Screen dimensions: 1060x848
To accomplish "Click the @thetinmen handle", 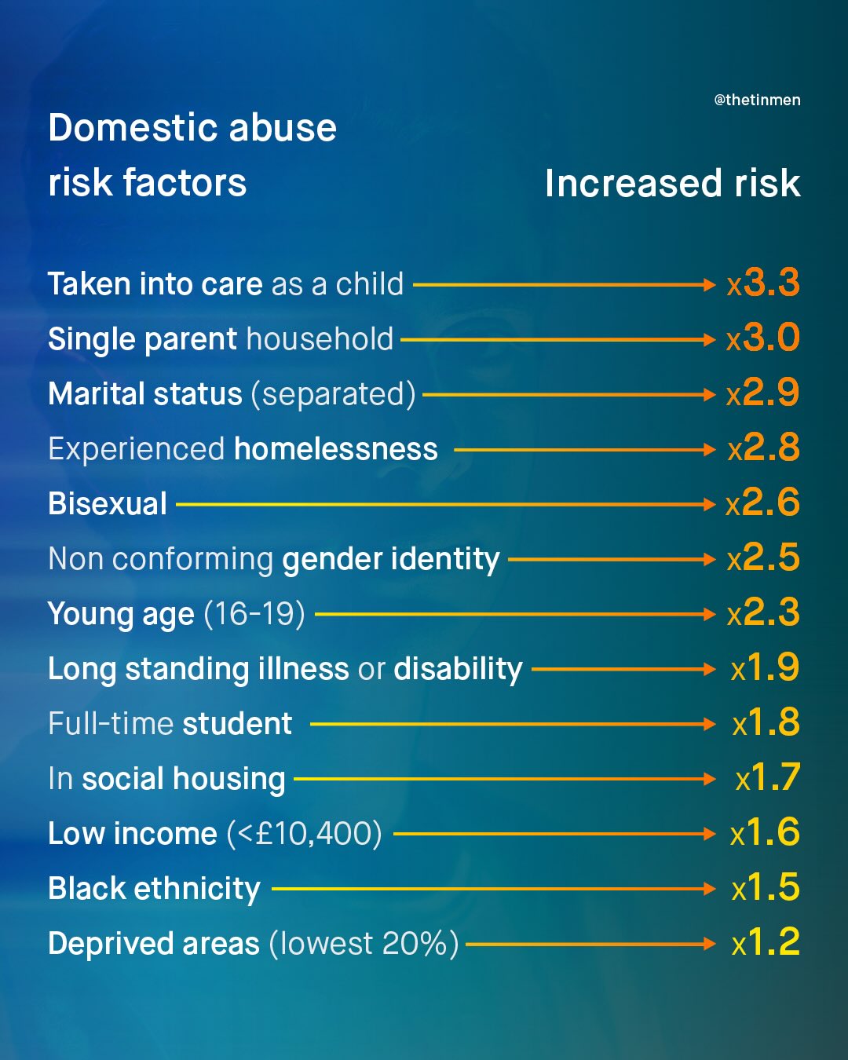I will point(757,100).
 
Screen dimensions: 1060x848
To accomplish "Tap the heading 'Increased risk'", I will point(672,183).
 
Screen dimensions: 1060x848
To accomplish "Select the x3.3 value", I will point(763,283).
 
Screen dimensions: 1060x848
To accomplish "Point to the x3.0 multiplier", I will point(763,338).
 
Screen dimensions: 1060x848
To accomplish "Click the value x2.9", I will point(763,393).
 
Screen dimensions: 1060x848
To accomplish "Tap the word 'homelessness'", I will point(335,449).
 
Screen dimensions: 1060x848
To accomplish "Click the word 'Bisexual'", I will point(108,504).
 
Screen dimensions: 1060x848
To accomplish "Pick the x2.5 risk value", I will point(763,558).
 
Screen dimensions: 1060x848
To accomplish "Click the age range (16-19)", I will point(254,614).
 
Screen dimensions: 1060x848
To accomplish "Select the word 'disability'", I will point(458,669).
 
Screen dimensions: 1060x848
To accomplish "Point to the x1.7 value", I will point(768,778).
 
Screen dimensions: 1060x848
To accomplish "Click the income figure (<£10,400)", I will point(305,834).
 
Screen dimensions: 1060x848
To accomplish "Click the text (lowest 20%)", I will point(364,944).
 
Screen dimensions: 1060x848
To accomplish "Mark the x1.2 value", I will point(766,943).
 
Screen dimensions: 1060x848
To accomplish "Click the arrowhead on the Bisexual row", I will point(711,504).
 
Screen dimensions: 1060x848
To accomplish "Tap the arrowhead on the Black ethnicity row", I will point(711,889).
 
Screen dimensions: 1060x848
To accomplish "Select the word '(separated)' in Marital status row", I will point(333,394).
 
